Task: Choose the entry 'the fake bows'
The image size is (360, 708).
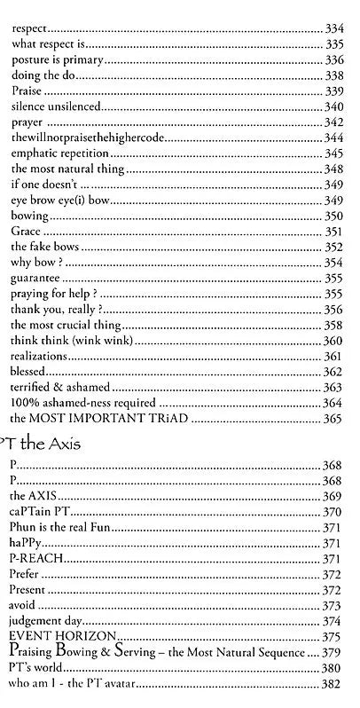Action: click(42, 247)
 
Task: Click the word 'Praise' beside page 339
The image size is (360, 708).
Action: click(27, 90)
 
